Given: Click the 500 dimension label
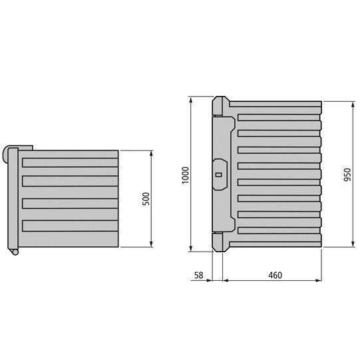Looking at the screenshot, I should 146,199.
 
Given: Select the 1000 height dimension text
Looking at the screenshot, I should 186,174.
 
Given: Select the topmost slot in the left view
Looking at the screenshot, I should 69,162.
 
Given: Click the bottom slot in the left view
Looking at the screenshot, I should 69,224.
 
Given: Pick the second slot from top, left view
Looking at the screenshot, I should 69,181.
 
